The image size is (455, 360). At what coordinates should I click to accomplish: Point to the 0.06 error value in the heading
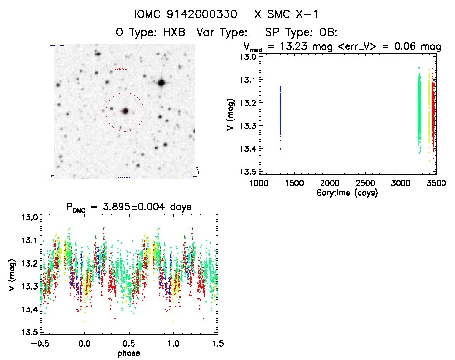click(x=407, y=47)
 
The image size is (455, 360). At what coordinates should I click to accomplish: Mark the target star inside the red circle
click(x=125, y=111)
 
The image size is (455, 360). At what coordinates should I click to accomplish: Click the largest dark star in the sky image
click(x=161, y=83)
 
